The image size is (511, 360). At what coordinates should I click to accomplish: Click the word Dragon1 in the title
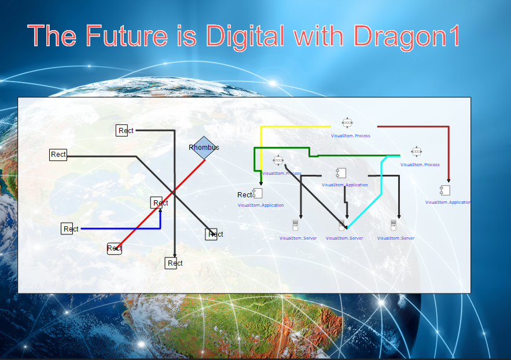407,36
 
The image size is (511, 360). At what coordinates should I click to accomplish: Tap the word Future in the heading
123,36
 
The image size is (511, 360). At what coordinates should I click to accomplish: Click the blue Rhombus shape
204,148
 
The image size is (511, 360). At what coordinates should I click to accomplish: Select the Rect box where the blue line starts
67,229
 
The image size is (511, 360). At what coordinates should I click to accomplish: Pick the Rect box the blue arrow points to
159,203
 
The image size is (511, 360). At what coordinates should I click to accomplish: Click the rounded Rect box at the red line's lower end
115,248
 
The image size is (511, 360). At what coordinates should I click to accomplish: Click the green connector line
347,156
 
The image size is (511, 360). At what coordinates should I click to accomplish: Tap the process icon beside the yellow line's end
347,123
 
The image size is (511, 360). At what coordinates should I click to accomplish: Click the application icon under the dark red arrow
445,190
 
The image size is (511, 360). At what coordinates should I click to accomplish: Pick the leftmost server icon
295,225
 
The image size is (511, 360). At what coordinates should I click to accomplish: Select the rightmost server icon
394,225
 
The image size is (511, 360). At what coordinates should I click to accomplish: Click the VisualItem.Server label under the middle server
344,238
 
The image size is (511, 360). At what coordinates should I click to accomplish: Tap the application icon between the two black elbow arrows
341,172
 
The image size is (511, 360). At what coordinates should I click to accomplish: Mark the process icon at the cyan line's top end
416,152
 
